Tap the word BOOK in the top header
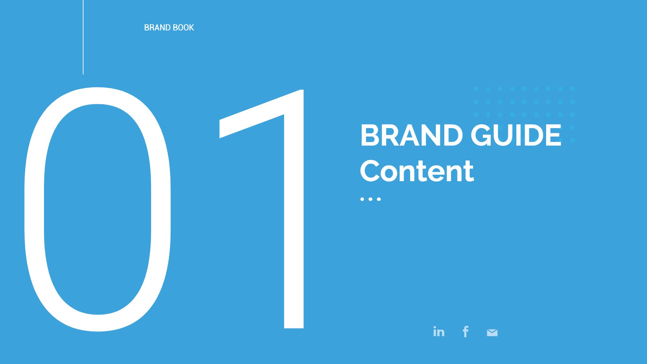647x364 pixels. [183, 28]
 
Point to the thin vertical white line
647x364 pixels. [83, 37]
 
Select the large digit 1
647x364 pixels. [294, 226]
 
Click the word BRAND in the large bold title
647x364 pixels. [411, 135]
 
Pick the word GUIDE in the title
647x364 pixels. [516, 135]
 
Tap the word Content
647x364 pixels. [417, 171]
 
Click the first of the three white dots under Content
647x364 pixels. [362, 199]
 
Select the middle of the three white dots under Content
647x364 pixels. [371, 199]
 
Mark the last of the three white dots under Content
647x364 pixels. [379, 199]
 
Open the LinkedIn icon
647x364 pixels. [439, 332]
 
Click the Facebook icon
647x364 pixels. [466, 332]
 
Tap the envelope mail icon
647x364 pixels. [492, 333]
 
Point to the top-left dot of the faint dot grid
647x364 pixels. [476, 89]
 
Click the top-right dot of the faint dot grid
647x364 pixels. [572, 89]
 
